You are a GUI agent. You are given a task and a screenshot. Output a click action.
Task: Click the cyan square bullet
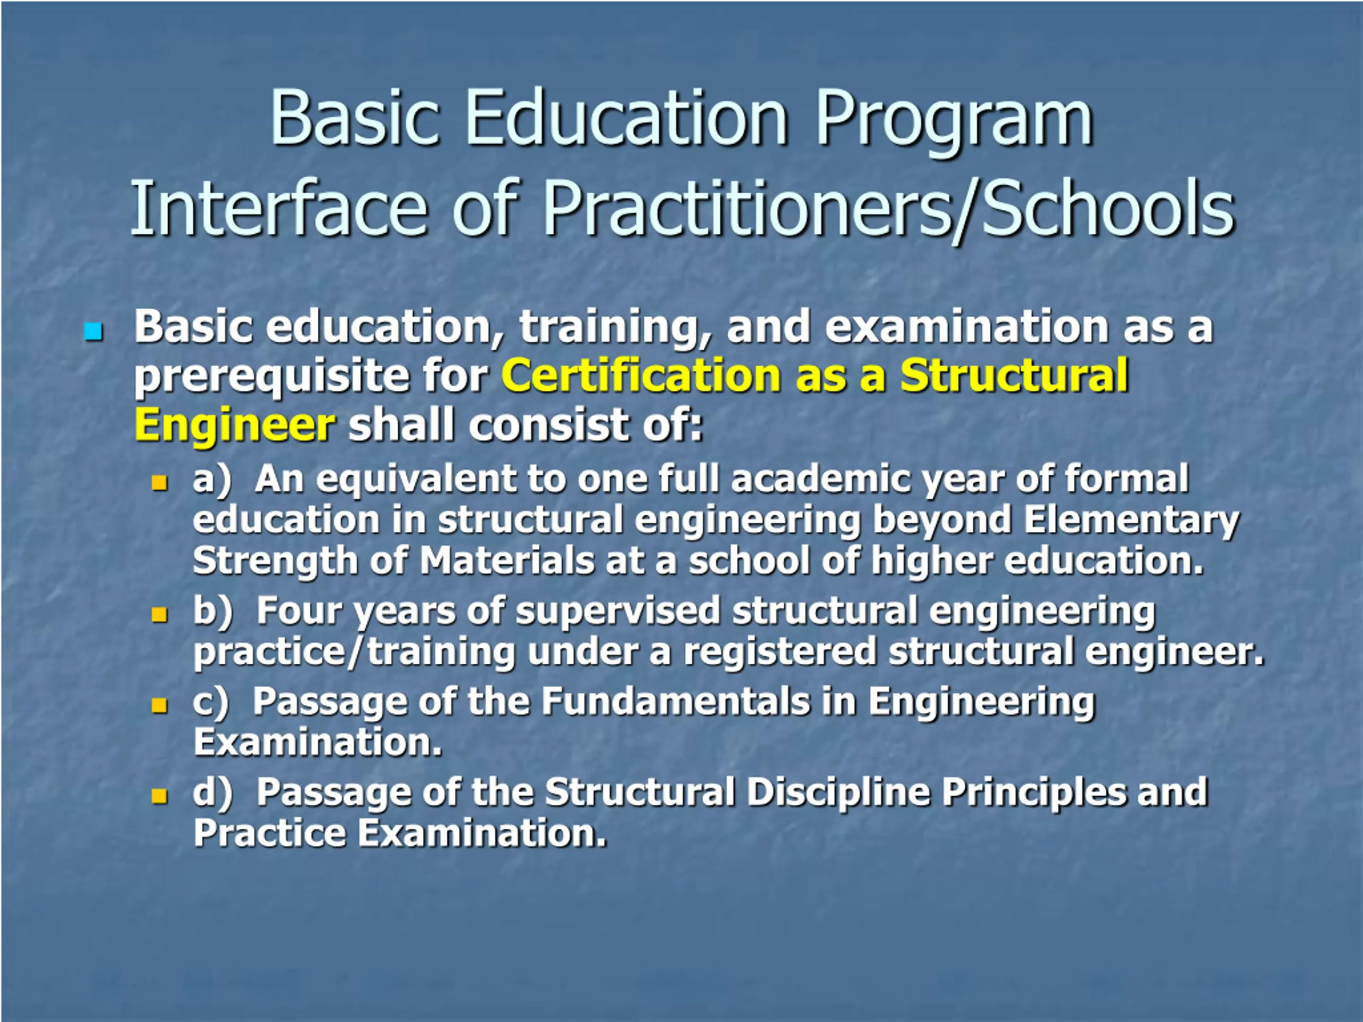tap(93, 332)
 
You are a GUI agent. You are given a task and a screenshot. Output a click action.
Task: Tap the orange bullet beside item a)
tap(160, 482)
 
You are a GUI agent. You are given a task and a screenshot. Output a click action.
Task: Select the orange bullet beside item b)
tap(160, 615)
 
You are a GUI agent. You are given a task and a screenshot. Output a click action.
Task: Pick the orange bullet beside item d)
tap(160, 796)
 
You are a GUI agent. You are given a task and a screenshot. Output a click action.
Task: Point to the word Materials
tap(507, 561)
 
